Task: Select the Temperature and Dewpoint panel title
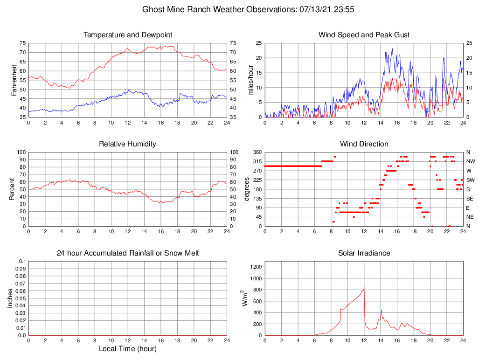click(x=128, y=35)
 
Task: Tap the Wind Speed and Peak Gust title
click(x=364, y=35)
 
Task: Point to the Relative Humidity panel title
click(x=127, y=144)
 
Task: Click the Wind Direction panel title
click(x=364, y=144)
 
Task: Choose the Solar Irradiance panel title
click(x=364, y=253)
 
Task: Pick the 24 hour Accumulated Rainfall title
click(x=128, y=253)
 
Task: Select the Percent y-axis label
click(x=12, y=189)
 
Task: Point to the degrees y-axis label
click(x=247, y=189)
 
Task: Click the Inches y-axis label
click(x=10, y=298)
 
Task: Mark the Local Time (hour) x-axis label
click(x=127, y=349)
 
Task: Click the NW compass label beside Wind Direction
click(x=471, y=161)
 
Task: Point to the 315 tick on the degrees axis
click(x=257, y=161)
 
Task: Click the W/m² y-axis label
click(x=244, y=298)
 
